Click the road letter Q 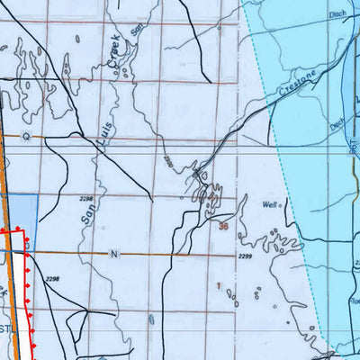pos(26,136)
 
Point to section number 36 pos(222,226)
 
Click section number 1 pos(218,285)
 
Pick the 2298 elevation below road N pos(51,280)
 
